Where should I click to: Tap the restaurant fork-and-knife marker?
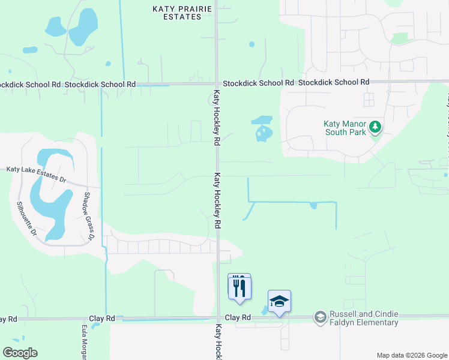coord(240,286)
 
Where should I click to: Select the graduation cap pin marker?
coord(279,302)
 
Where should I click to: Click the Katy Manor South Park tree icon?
coord(375,126)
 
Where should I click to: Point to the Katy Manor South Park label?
coord(345,127)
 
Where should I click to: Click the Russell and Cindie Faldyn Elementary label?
coord(364,318)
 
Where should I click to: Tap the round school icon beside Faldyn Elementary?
coord(321,316)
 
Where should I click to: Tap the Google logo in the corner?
coord(20,353)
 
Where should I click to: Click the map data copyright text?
coord(412,355)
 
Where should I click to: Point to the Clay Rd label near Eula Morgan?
coord(101,318)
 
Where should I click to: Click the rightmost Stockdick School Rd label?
coord(333,82)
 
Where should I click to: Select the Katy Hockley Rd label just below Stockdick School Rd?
coord(217,118)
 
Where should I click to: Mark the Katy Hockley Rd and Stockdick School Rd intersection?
coord(217,83)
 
